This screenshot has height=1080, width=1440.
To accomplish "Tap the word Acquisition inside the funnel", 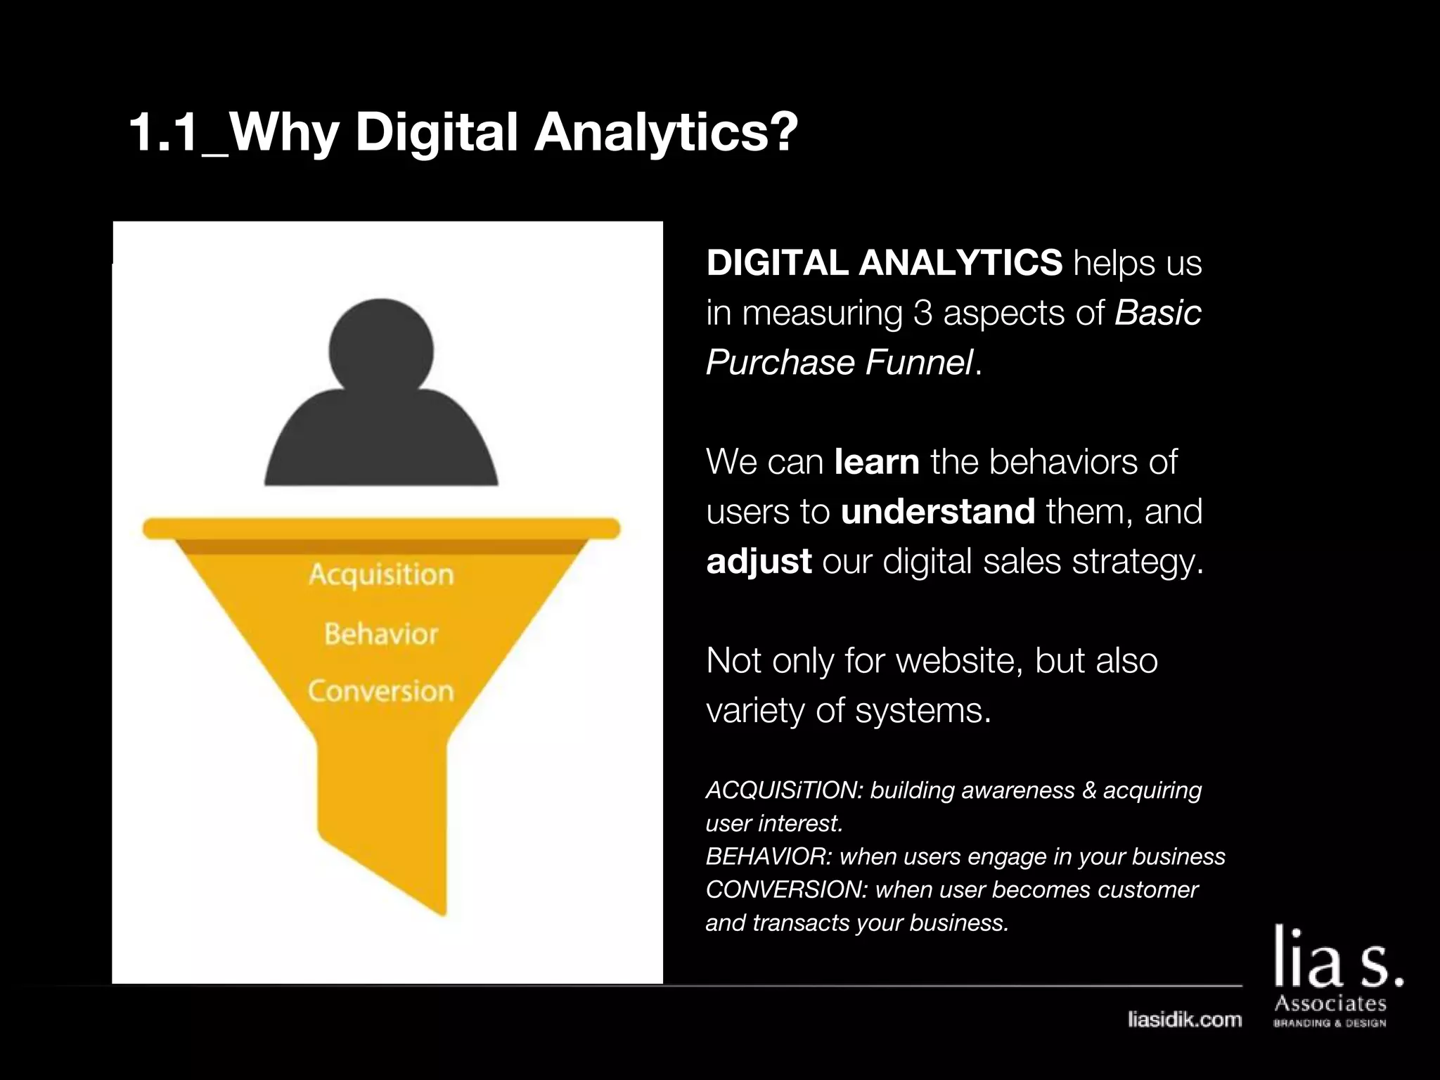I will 381,574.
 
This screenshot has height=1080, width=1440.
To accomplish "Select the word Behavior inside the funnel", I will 381,634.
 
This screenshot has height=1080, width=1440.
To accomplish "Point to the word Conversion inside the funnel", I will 381,691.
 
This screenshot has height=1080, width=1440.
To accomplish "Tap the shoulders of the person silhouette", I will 381,443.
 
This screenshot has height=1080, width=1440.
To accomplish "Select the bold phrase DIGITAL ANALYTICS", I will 884,263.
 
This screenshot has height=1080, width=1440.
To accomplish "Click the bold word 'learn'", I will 876,462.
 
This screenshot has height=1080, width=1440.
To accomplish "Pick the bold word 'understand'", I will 937,511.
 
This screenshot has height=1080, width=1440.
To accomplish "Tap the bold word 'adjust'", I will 759,561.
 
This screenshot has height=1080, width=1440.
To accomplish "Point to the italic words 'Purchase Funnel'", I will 840,363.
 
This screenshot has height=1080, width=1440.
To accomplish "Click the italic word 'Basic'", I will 1157,313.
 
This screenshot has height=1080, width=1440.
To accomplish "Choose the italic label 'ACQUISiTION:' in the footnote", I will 784,790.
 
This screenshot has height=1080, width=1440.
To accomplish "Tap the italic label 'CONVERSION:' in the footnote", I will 787,889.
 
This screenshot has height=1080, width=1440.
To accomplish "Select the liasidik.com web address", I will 1184,1020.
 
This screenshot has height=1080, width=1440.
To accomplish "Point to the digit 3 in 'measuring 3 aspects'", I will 922,313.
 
